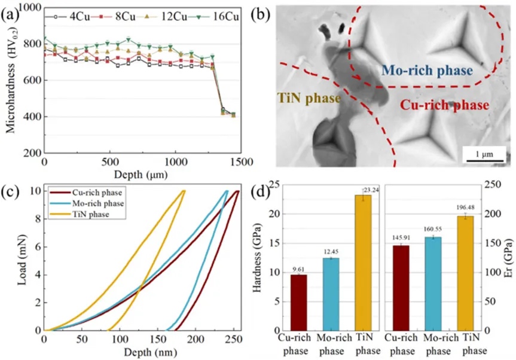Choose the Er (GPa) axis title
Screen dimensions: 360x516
click(508, 260)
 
